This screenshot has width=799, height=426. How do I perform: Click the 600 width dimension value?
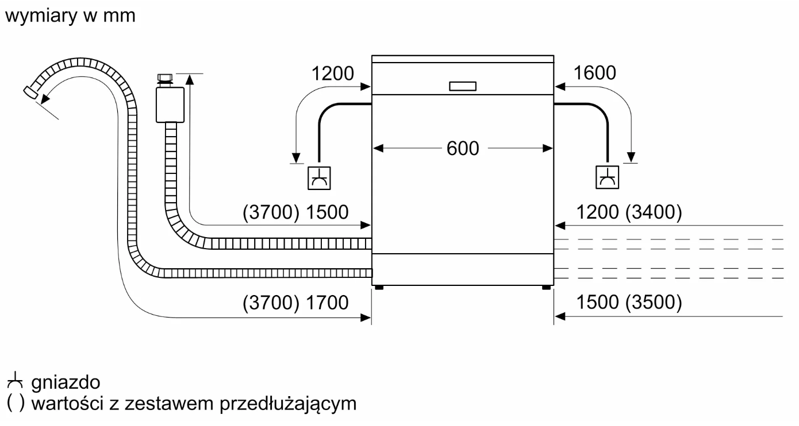[463, 149]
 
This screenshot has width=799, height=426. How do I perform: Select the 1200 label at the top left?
[332, 73]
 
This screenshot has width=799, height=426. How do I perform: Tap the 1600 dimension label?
[594, 73]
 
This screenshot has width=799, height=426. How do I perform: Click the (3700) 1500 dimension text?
[295, 212]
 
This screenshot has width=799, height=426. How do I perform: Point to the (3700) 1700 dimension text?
[295, 302]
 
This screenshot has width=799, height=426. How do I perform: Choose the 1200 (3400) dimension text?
[629, 213]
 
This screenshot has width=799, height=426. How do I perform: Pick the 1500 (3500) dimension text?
[629, 302]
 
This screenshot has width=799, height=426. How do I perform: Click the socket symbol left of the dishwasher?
[320, 177]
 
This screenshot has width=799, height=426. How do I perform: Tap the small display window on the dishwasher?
[463, 86]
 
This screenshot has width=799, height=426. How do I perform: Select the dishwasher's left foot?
[378, 288]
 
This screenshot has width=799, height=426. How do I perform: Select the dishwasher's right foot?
[545, 288]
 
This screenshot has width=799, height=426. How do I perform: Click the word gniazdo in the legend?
[66, 382]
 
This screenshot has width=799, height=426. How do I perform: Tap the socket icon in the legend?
[16, 381]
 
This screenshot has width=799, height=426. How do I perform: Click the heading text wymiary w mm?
[70, 16]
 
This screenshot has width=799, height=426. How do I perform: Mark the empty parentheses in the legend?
[16, 404]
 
